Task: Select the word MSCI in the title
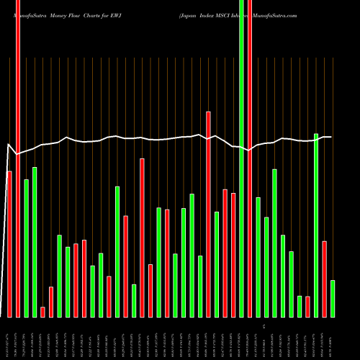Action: coord(224,14)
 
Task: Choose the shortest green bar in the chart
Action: coord(300,306)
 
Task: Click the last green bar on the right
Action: coord(333,298)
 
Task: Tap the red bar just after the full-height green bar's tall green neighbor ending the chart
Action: coord(325,279)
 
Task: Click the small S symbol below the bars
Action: coord(264,326)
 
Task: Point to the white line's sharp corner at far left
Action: coord(9,146)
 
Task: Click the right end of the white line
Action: coord(330,137)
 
